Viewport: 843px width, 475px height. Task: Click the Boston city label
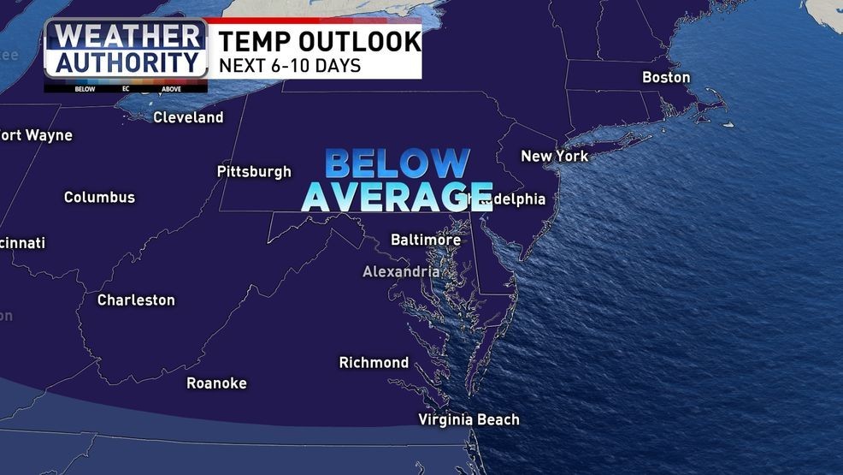666,77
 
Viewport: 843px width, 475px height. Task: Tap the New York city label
554,156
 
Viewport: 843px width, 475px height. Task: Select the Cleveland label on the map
188,117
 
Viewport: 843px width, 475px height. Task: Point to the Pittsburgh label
254,171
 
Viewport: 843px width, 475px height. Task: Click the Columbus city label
99,197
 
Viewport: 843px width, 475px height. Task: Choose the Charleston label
136,300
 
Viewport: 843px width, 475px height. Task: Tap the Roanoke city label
216,383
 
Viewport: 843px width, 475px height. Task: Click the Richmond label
374,362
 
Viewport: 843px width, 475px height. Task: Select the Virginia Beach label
469,419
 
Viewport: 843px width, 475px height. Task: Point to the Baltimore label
426,240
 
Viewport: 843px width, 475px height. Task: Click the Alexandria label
401,271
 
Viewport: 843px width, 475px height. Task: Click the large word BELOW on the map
398,163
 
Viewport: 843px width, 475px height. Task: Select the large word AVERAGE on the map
397,196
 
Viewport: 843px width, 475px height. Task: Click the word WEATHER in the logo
126,38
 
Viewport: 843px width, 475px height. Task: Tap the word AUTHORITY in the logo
126,62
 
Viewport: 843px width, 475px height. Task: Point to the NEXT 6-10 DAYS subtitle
289,65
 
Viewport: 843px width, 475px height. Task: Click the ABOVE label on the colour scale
171,88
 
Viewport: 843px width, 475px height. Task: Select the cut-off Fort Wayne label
36,135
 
